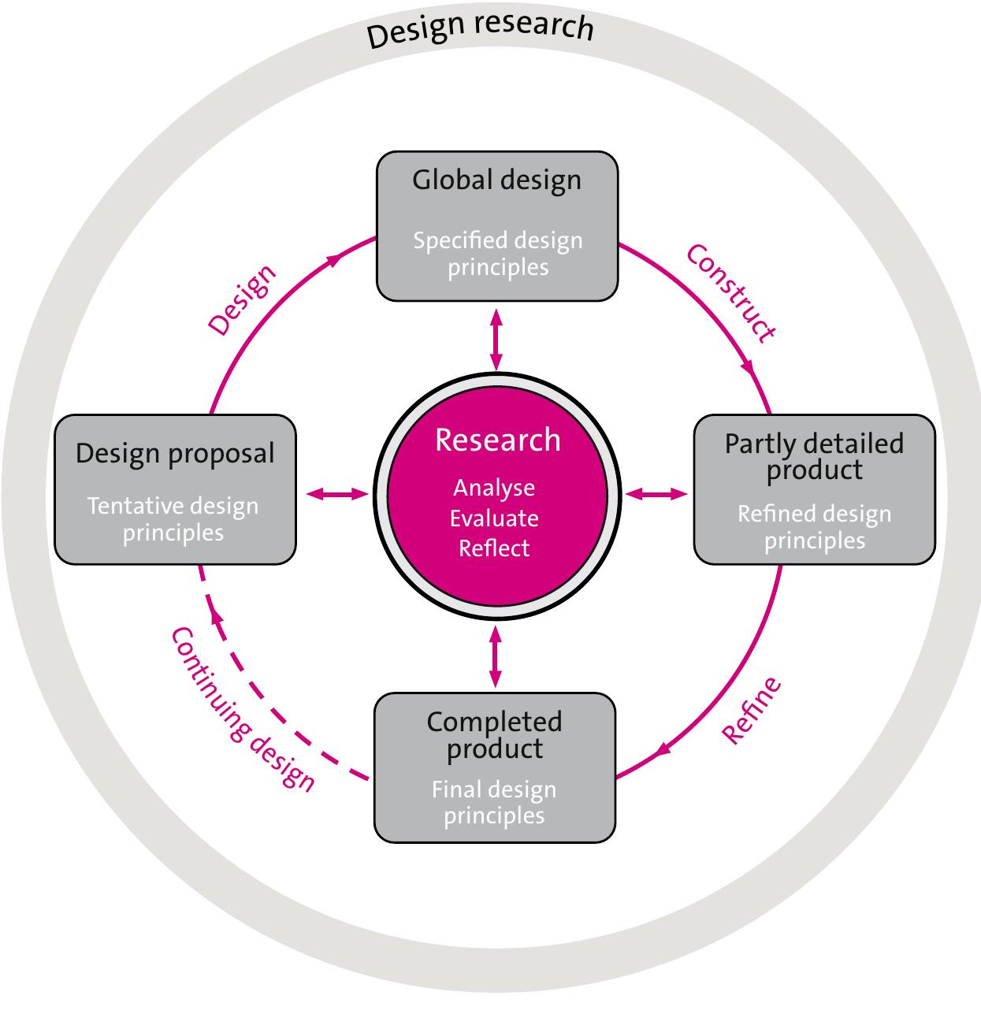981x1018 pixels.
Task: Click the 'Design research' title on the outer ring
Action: [480, 29]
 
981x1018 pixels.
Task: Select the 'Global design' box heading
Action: [496, 180]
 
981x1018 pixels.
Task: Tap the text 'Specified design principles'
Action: [497, 254]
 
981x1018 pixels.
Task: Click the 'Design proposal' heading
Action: [175, 454]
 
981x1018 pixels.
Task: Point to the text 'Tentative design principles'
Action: [173, 519]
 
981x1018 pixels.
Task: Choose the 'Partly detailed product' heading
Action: [814, 456]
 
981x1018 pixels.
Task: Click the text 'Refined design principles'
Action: [814, 527]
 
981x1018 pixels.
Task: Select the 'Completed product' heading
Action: [494, 734]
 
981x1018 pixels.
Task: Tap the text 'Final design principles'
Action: [494, 802]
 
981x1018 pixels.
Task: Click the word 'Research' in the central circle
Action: [497, 440]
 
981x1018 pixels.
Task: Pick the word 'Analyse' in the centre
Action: [494, 488]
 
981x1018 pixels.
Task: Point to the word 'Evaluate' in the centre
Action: [494, 518]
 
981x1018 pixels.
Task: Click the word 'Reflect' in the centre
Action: [494, 548]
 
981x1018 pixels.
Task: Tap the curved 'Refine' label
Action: [752, 710]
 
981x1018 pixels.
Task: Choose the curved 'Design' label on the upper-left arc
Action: [242, 300]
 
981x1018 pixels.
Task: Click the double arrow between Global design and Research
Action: [496, 339]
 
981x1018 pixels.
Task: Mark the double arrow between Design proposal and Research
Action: [337, 495]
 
